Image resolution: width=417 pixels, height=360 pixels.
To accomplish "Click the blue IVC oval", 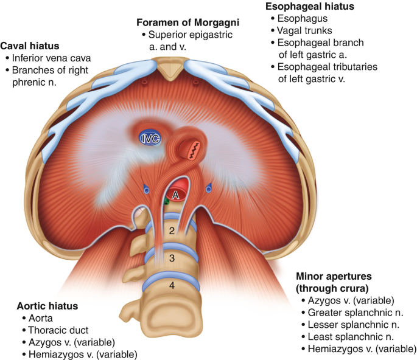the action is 148,138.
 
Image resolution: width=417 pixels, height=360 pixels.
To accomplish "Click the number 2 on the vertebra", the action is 172,230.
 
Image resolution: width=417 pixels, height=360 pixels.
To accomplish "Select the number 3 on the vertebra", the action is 172,258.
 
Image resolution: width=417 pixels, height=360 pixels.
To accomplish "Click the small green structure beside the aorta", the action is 165,201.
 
